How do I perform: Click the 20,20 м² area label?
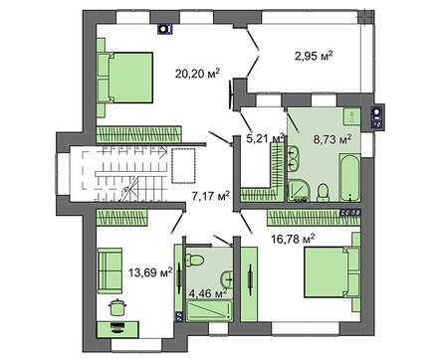click(198, 74)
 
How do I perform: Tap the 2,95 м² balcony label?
click(314, 56)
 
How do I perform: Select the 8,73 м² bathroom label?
click(332, 139)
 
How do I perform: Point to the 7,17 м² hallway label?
click(211, 196)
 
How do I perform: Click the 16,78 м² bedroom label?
click(293, 239)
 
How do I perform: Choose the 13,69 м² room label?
click(150, 272)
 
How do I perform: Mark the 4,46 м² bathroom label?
click(208, 293)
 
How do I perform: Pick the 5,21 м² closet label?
click(266, 138)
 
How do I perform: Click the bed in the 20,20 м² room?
click(125, 78)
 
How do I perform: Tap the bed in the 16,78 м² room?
click(332, 271)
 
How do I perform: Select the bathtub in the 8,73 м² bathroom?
click(349, 178)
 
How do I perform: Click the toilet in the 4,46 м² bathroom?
click(194, 260)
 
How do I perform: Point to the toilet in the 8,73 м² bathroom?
click(323, 193)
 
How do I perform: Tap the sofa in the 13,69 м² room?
click(109, 270)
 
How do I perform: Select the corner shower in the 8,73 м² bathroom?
click(299, 190)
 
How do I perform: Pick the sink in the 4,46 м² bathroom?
click(227, 279)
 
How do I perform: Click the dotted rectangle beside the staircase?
click(183, 165)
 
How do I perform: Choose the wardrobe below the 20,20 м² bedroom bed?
click(139, 134)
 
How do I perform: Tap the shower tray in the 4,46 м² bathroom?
click(209, 310)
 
